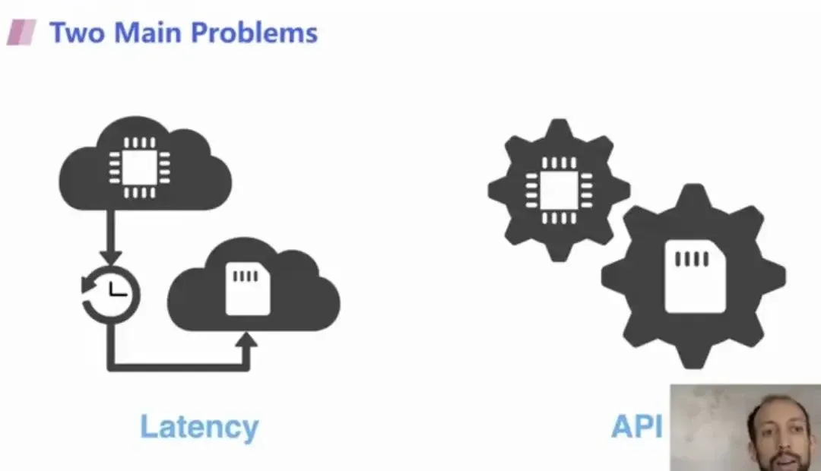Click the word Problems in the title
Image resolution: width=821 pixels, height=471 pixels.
tap(255, 33)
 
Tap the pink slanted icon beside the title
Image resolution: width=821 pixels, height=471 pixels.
tap(22, 33)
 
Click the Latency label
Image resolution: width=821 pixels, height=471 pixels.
tap(199, 427)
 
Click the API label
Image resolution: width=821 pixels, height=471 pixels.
tap(636, 427)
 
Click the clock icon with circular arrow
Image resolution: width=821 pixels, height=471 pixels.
tap(111, 292)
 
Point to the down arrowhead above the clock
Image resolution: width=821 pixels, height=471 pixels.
tap(111, 254)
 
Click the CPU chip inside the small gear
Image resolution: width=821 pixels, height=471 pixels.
tap(559, 189)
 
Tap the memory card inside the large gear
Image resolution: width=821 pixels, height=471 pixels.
tap(692, 275)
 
